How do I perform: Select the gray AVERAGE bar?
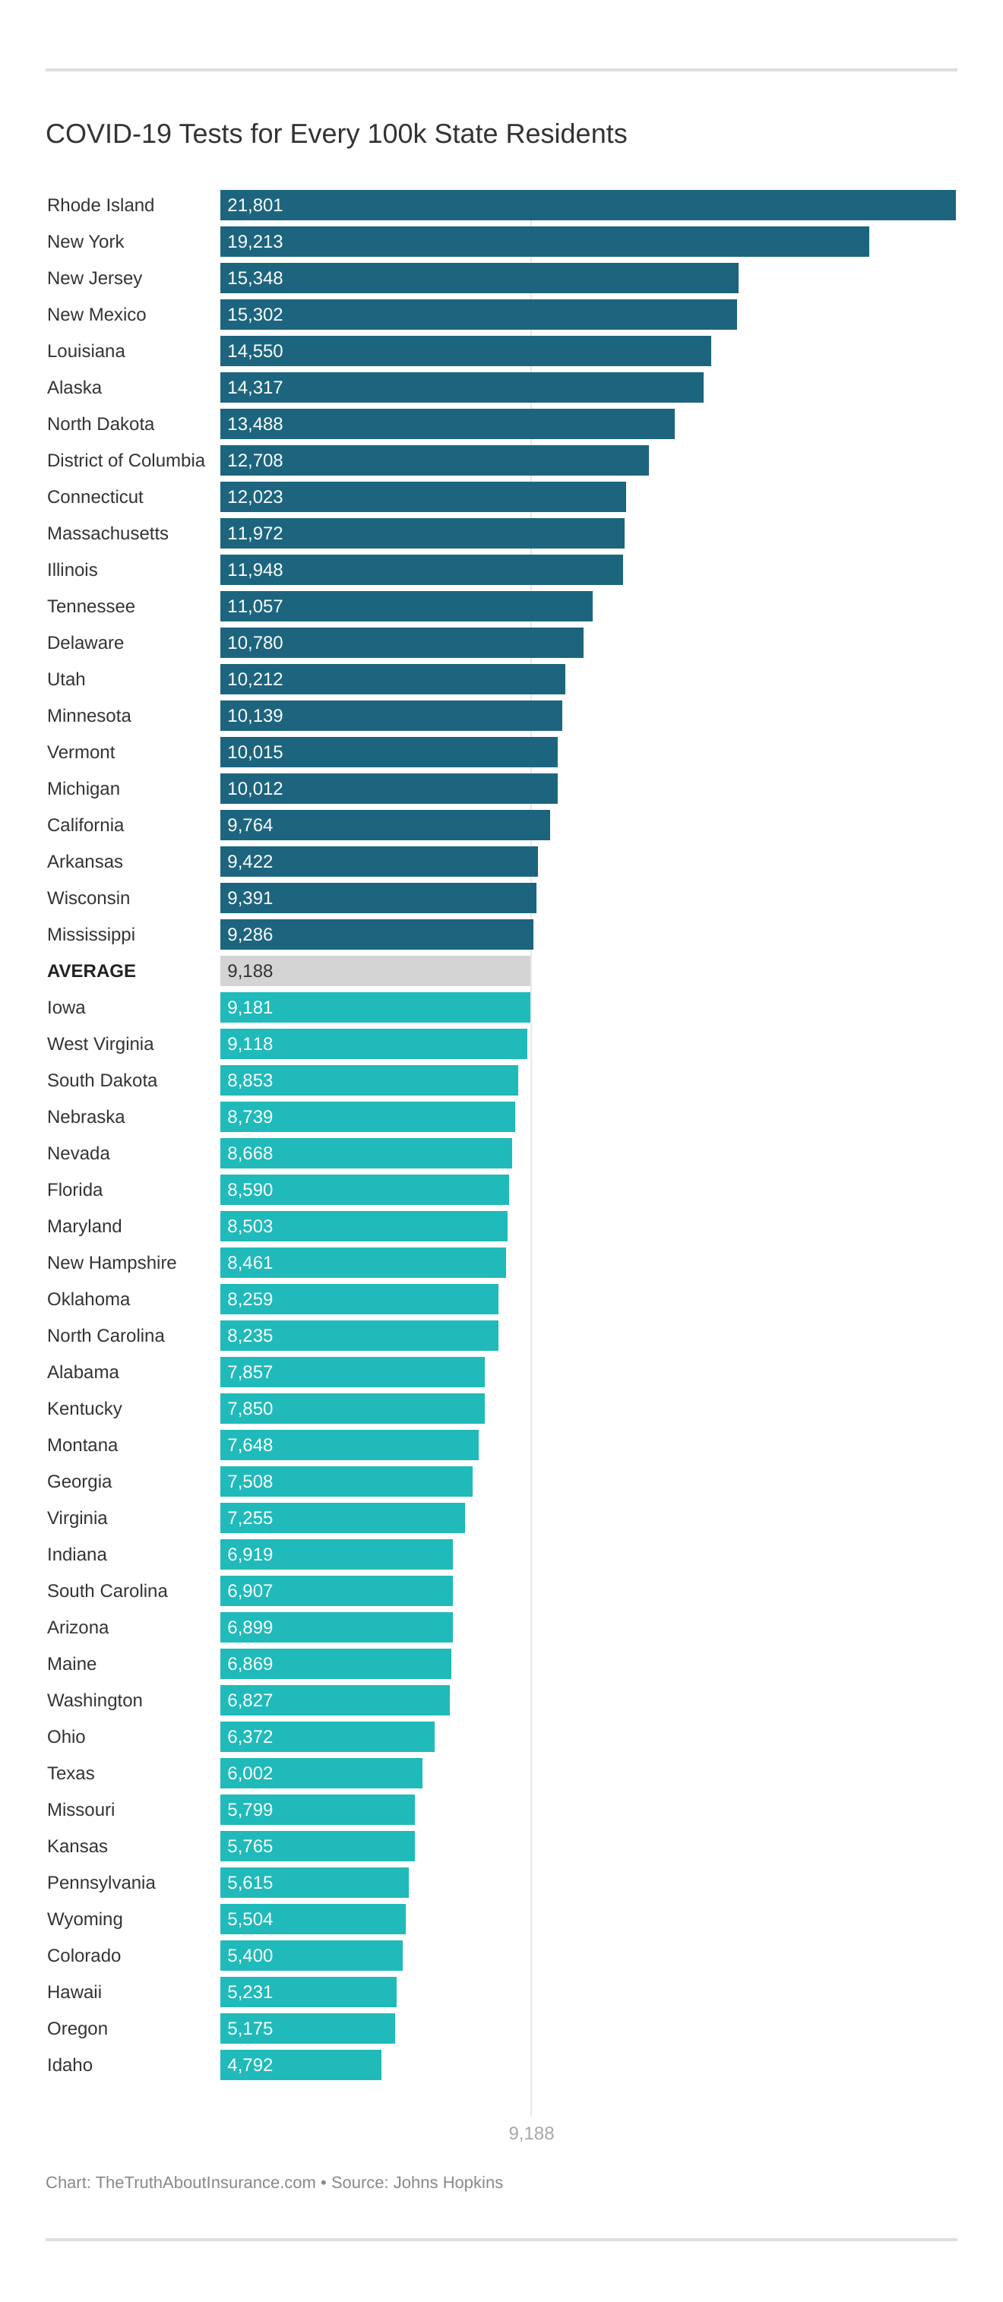coord(375,970)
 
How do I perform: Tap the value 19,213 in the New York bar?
coord(255,242)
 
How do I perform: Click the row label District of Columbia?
coord(125,460)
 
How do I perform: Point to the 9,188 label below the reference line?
coord(531,2133)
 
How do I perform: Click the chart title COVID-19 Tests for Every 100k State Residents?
coord(336,134)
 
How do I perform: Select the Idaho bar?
coord(300,2064)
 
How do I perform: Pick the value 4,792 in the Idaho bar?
coord(249,2064)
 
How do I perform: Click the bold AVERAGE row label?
coord(91,970)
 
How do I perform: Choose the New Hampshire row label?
coord(112,1263)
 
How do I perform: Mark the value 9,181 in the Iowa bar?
coord(249,1007)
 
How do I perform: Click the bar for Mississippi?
coord(376,934)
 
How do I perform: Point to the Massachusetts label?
coord(107,533)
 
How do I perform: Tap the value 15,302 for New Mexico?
coord(255,315)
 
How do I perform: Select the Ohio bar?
coord(327,1736)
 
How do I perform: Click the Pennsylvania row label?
coord(101,1882)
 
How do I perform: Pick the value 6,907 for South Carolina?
coord(249,1591)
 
